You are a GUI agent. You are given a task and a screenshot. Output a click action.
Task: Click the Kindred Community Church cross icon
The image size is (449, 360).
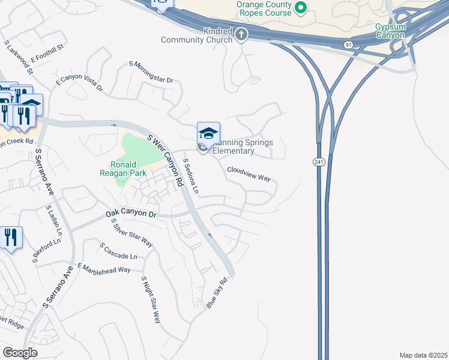[241, 34]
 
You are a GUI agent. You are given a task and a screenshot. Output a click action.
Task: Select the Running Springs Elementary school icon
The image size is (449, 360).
[208, 133]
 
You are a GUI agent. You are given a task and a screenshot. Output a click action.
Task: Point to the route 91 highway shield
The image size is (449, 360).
[349, 44]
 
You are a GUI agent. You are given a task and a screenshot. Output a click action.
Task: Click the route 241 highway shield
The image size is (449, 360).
[318, 162]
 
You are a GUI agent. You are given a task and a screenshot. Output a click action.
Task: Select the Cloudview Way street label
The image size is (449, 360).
[249, 174]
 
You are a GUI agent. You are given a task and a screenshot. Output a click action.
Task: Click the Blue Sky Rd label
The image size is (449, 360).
[217, 293]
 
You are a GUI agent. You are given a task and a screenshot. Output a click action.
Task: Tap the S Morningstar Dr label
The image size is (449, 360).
[151, 72]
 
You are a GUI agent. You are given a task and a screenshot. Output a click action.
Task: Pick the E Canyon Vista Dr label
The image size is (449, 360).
[79, 83]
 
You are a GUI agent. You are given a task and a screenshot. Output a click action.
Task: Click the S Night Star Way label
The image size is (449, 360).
[151, 299]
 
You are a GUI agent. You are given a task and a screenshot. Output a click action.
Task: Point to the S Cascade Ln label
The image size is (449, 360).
[119, 251]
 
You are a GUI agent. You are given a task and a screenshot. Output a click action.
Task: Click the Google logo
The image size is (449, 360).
[20, 353]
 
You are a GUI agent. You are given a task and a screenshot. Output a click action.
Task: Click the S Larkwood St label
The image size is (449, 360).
[17, 52]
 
